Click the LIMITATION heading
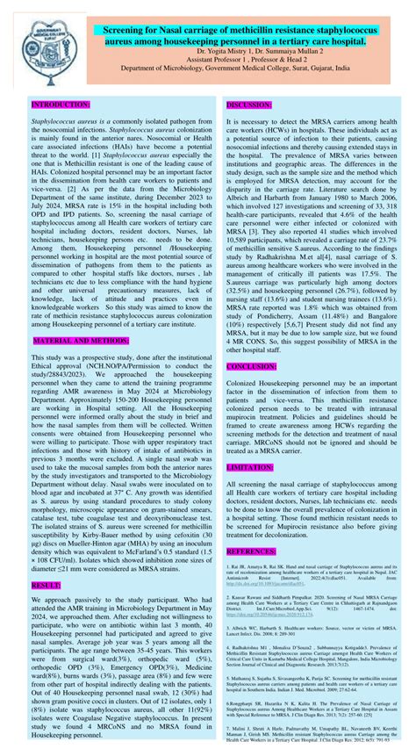250,468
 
